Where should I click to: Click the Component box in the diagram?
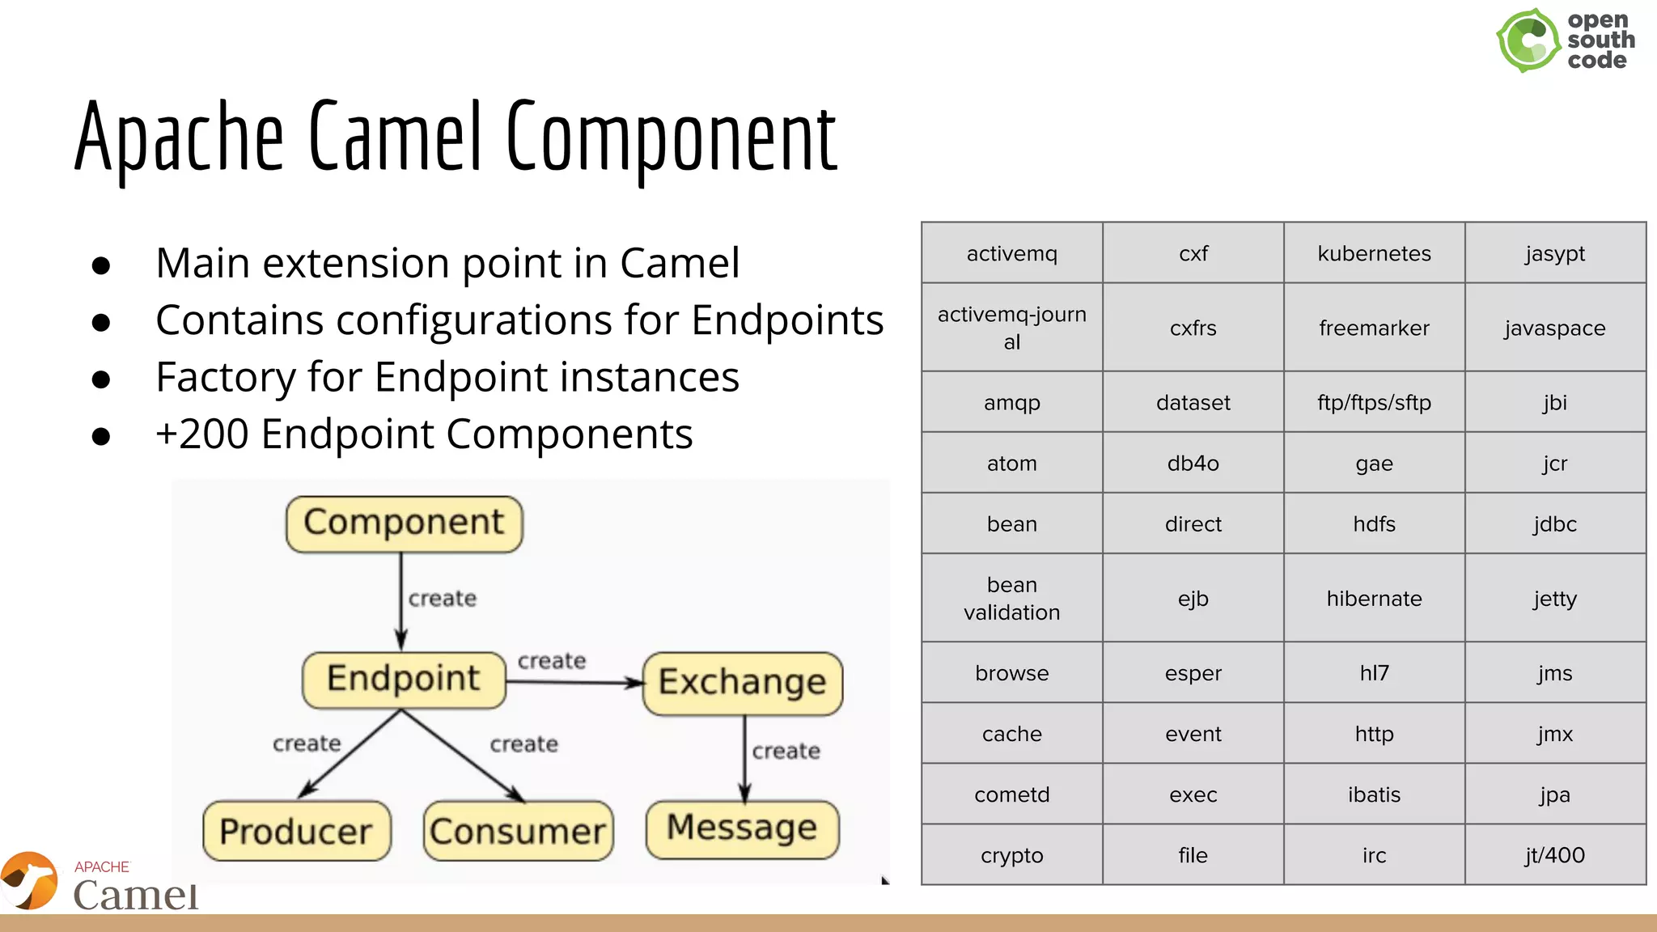coord(404,523)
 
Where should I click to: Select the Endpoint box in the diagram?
coord(404,680)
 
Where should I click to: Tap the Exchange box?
coord(742,683)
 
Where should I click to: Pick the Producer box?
coord(296,831)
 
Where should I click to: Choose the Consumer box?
coord(518,831)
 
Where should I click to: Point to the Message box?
coord(742,828)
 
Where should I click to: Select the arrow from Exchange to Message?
coord(745,757)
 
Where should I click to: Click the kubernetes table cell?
coord(1374,253)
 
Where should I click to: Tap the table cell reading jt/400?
coord(1555,855)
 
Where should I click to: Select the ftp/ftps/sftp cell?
coord(1374,402)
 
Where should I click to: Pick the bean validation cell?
coord(1011,599)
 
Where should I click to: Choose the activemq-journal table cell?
coord(1011,328)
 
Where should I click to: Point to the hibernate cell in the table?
coord(1374,599)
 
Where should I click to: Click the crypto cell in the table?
coord(1011,855)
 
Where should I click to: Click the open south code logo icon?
coord(1528,40)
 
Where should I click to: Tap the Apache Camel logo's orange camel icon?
coord(30,880)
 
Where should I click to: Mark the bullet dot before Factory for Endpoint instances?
coord(101,379)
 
